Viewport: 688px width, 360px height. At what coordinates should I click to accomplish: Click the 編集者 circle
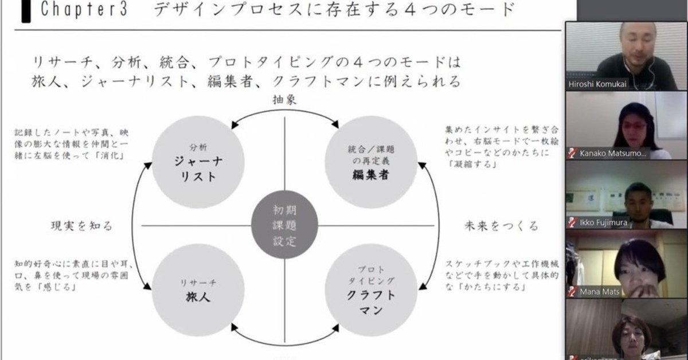tap(370, 163)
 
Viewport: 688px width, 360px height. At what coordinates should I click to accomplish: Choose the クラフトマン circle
tap(370, 289)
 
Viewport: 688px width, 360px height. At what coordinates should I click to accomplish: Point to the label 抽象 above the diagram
tap(284, 99)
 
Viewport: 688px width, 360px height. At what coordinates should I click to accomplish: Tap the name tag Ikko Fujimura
tap(603, 222)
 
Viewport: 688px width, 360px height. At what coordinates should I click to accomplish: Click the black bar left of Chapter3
tap(26, 11)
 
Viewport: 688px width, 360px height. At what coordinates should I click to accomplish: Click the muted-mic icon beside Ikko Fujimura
tap(571, 222)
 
